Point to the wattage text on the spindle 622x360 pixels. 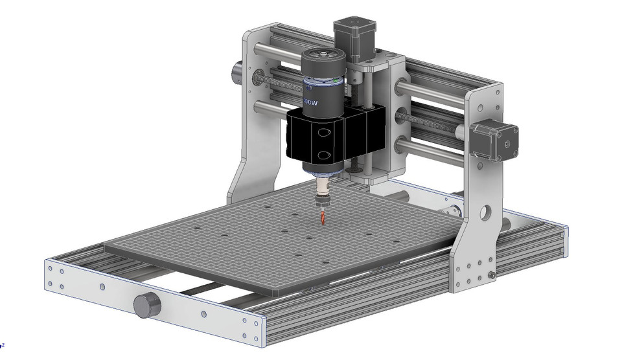pos(312,102)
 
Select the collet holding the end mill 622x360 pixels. pos(321,194)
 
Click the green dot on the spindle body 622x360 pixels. pos(332,82)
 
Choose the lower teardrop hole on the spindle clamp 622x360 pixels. pos(322,156)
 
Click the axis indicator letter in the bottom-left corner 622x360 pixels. pos(3,345)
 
